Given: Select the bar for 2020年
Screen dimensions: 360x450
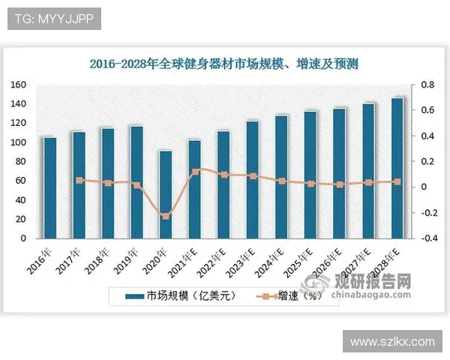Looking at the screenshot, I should (166, 194).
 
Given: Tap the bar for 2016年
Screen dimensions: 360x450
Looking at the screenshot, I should (49, 187).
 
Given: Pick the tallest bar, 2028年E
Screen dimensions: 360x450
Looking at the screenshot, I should (397, 168).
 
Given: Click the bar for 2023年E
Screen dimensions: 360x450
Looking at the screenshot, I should (253, 179).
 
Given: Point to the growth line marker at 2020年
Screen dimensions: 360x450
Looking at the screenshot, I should (166, 216).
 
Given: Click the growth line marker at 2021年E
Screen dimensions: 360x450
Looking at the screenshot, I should (195, 171).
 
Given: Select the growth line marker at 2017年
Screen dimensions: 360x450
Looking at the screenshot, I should (79, 180).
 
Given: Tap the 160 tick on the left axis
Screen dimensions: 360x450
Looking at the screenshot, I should (19, 85).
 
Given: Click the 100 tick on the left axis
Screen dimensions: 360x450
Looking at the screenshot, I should (19, 142).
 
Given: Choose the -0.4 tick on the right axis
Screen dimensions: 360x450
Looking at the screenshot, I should (424, 238).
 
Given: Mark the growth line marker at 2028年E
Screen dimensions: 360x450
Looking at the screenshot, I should (397, 181).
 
